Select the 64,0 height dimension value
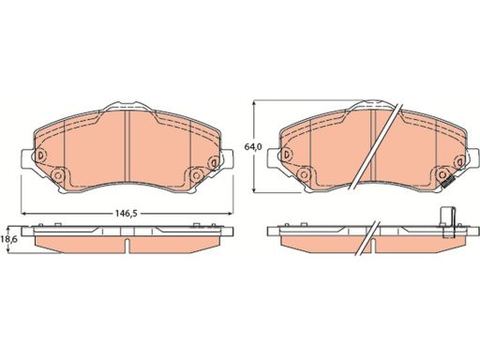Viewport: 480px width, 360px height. tap(249, 147)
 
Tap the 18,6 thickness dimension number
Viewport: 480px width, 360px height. tap(8, 241)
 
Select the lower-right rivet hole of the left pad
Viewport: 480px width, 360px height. tap(195, 175)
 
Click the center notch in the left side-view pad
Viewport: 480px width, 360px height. tap(126, 246)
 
